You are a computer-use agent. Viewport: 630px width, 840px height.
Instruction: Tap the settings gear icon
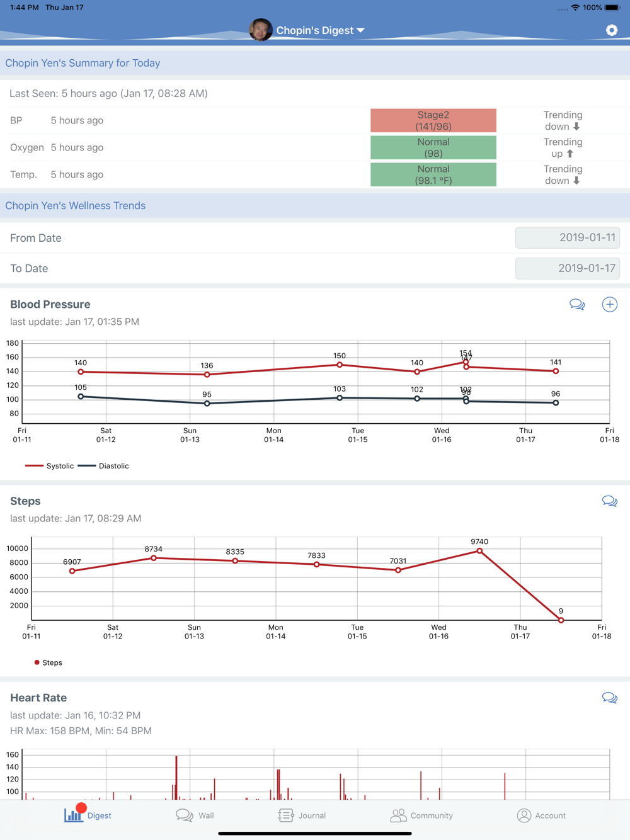click(x=611, y=30)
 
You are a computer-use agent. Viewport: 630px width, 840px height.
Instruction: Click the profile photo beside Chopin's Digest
click(x=261, y=30)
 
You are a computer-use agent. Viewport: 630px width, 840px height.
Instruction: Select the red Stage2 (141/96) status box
click(x=433, y=120)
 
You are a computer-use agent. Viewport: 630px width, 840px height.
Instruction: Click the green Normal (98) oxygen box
click(x=433, y=147)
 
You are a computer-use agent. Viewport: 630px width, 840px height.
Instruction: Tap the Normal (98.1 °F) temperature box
click(x=433, y=174)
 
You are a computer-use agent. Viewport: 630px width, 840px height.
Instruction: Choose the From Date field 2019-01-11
click(x=568, y=238)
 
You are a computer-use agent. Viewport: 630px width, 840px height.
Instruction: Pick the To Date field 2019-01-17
click(x=568, y=268)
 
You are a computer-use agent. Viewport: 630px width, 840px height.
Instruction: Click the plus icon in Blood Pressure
click(x=609, y=305)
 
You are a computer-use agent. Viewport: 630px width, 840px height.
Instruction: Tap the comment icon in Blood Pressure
click(x=577, y=305)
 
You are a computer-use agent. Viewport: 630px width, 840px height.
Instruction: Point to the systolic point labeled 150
click(x=340, y=365)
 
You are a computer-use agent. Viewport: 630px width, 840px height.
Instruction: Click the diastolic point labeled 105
click(x=81, y=397)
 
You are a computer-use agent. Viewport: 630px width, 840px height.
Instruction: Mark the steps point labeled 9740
click(x=479, y=551)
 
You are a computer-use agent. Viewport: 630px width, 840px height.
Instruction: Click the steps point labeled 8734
click(x=154, y=558)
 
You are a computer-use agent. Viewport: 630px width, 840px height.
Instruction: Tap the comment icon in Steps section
click(x=609, y=501)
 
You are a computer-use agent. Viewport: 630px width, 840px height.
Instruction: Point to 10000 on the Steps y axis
click(x=17, y=548)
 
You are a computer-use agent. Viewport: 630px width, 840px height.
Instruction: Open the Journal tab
click(x=302, y=815)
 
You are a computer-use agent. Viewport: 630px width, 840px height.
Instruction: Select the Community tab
click(x=421, y=815)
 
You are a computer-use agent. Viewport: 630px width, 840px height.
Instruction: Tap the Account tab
click(x=541, y=815)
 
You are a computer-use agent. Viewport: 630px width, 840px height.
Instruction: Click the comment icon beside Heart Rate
click(x=609, y=698)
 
